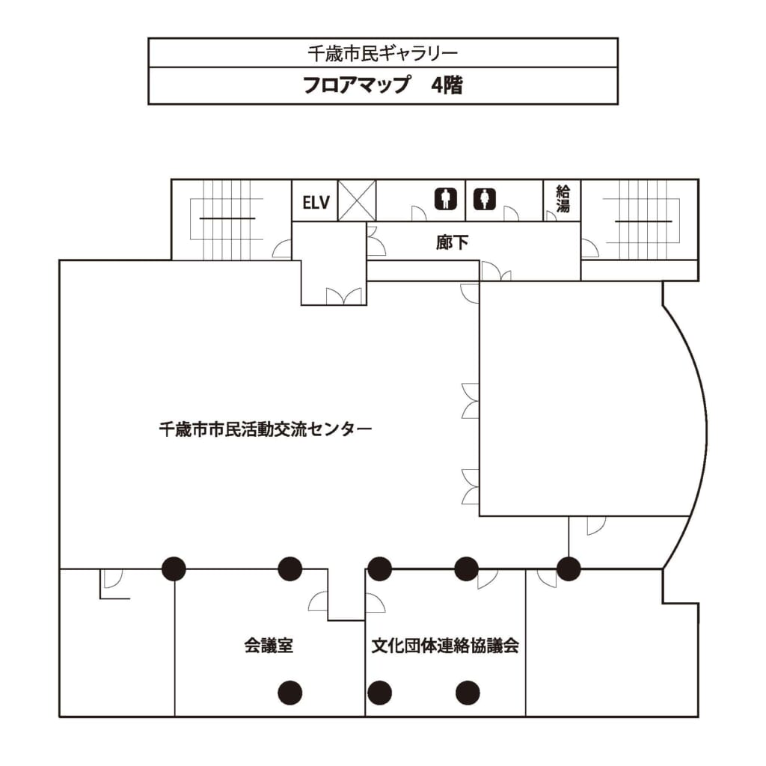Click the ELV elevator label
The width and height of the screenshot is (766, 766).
point(316,202)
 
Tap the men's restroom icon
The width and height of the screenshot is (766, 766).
point(446,199)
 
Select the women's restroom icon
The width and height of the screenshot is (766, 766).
point(484,199)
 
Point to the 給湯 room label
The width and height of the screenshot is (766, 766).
point(563,198)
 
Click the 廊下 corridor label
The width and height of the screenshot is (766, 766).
point(452,242)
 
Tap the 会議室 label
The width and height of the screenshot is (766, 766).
point(269,646)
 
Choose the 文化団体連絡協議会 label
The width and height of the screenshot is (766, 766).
point(444,646)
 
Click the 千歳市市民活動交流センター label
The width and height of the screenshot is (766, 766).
point(266,429)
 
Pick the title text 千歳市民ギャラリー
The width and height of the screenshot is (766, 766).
point(382,53)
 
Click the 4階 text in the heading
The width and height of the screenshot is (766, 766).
point(447,85)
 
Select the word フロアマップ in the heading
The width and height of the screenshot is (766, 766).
point(356,85)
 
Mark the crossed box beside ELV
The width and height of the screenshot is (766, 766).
point(357,200)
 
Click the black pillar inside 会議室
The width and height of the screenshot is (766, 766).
point(290,693)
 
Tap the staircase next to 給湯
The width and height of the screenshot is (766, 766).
point(641,220)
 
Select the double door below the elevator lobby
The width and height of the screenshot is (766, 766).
point(344,296)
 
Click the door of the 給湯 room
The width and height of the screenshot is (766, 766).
point(551,215)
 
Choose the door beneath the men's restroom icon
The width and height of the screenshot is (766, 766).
point(419,213)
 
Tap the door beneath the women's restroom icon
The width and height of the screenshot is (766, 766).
point(511,213)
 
